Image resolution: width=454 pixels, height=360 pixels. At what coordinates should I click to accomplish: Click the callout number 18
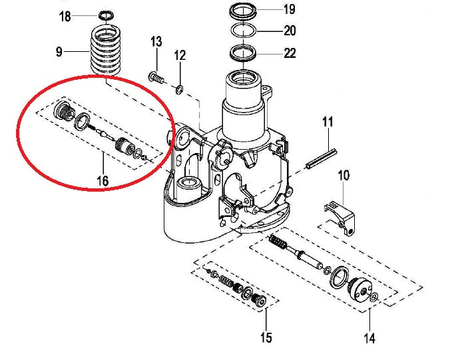[x=65, y=16]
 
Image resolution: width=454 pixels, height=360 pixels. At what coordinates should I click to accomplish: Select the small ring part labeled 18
[x=105, y=15]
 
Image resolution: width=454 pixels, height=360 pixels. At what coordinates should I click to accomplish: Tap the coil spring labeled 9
[x=107, y=51]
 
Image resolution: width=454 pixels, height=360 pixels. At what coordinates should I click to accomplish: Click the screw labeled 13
[x=156, y=77]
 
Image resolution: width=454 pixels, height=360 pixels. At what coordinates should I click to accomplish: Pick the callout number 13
[x=156, y=43]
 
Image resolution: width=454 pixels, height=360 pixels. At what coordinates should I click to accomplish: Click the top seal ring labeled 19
[x=244, y=11]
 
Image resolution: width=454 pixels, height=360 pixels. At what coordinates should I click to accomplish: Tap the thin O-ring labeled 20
[x=244, y=31]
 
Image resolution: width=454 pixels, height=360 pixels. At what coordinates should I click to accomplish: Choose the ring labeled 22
[x=244, y=52]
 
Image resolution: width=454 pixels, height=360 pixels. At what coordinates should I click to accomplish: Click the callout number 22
[x=289, y=53]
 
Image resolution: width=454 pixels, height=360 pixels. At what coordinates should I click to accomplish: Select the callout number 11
[x=328, y=122]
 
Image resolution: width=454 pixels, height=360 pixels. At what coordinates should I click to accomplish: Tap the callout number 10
[x=343, y=176]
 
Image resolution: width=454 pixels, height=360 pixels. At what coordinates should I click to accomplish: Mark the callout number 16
[x=103, y=180]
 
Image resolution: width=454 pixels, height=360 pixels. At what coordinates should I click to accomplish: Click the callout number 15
[x=266, y=338]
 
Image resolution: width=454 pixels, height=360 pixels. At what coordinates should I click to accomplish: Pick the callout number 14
[x=369, y=338]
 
